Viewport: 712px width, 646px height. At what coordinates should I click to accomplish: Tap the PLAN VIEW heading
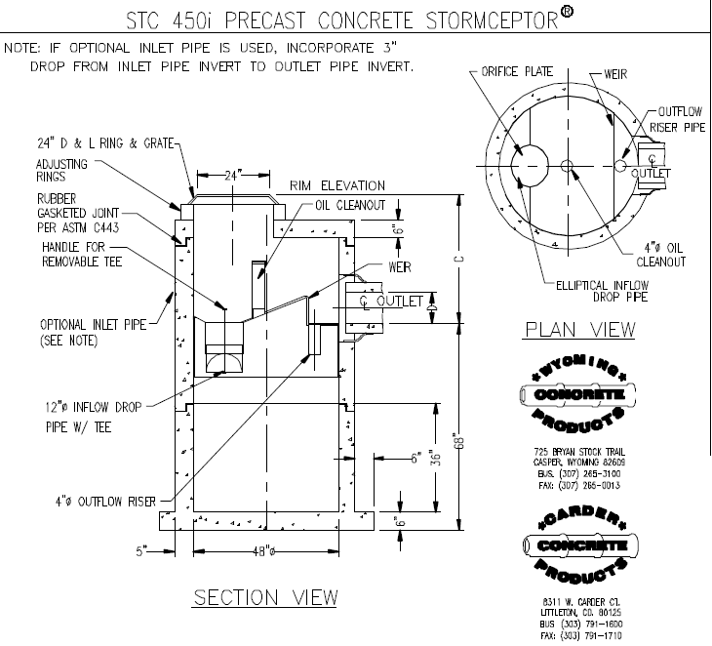pyautogui.click(x=580, y=329)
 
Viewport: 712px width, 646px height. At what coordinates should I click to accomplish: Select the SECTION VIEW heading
pyautogui.click(x=265, y=596)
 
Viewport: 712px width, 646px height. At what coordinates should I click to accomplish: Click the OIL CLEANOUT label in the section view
pyautogui.click(x=351, y=205)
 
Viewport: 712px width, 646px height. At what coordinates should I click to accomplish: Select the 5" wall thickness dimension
pyautogui.click(x=141, y=550)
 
